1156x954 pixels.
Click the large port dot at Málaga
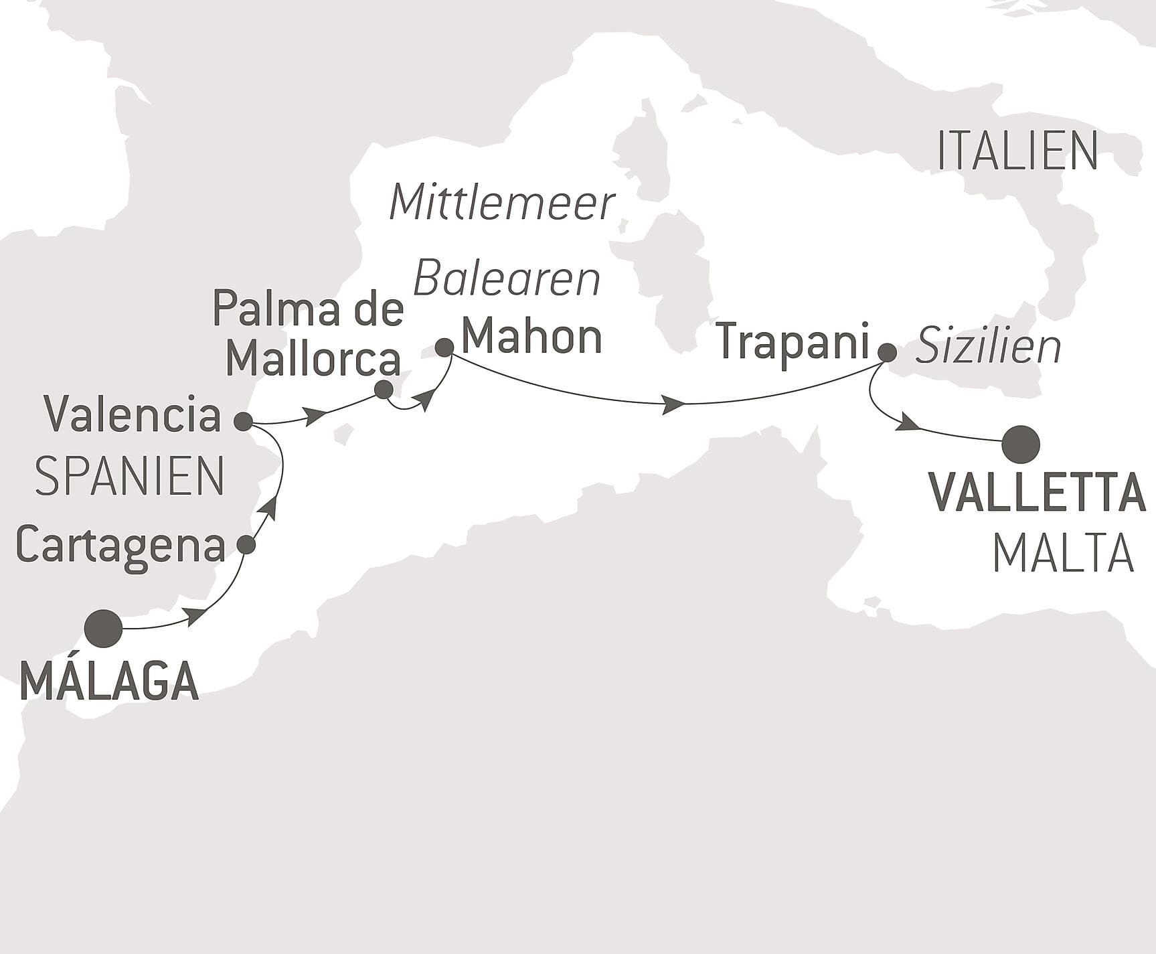104,629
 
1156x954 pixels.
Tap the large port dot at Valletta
1021,444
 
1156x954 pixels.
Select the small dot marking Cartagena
247,545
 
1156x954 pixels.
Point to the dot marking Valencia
243,421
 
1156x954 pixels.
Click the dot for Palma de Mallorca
384,390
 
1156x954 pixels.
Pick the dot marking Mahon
444,347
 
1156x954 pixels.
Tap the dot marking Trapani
887,352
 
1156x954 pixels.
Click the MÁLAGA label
110,681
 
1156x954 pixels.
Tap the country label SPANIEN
129,477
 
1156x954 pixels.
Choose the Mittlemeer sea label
502,203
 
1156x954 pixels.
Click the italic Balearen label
507,280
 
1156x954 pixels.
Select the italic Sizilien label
988,347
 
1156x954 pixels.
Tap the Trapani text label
793,342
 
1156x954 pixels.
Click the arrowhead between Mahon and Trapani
673,404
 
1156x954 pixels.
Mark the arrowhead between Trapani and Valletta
907,422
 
